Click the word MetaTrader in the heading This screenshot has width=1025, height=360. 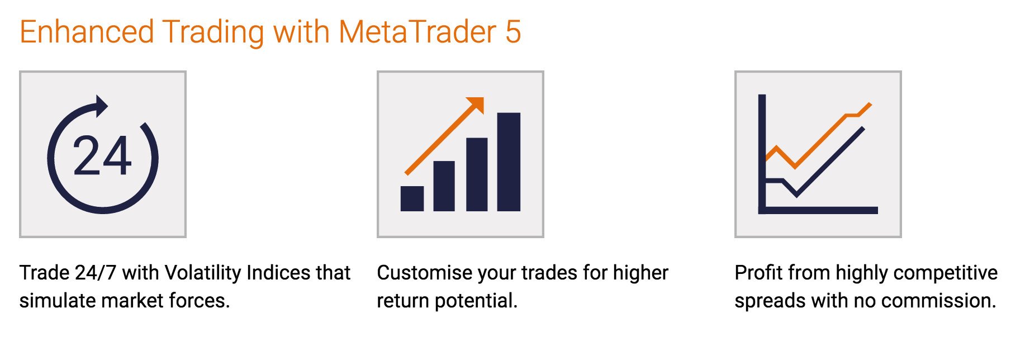tap(417, 32)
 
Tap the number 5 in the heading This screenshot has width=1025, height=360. tap(513, 32)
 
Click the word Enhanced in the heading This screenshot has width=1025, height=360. tap(87, 32)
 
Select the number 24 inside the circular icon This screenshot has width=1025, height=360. tap(102, 156)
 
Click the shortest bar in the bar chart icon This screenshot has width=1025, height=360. tap(412, 198)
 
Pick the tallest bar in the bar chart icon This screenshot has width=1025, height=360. tap(509, 162)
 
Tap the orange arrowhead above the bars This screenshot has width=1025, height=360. tap(476, 105)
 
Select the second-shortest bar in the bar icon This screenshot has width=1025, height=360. tap(444, 186)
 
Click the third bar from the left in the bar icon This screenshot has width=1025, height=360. tap(477, 174)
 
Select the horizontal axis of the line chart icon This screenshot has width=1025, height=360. tap(818, 210)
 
